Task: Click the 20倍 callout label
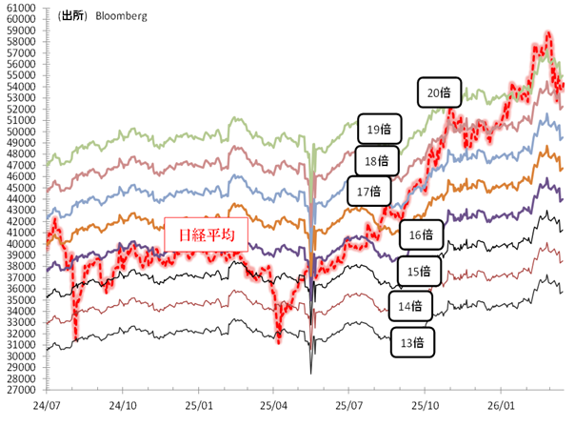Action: pyautogui.click(x=438, y=93)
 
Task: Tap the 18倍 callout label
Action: pyautogui.click(x=376, y=160)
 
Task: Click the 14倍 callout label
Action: pyautogui.click(x=410, y=306)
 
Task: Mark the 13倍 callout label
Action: pyautogui.click(x=412, y=340)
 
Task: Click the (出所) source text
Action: pyautogui.click(x=73, y=16)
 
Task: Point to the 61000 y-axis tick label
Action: pyautogui.click(x=20, y=8)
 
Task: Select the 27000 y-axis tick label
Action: pyautogui.click(x=20, y=390)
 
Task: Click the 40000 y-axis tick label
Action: pyautogui.click(x=20, y=244)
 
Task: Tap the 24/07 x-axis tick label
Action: pyautogui.click(x=47, y=404)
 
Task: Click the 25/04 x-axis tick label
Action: pyautogui.click(x=273, y=404)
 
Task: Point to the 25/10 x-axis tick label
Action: pyautogui.click(x=425, y=404)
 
